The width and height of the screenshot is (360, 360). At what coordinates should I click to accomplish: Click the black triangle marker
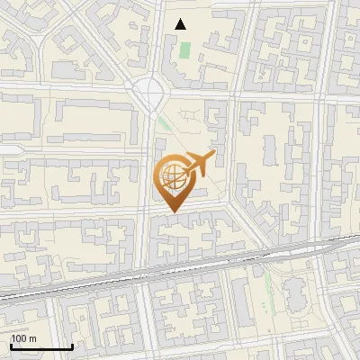[181, 24]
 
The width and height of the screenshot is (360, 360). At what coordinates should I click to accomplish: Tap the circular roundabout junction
[148, 90]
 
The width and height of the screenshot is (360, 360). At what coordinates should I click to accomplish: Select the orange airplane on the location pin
[198, 165]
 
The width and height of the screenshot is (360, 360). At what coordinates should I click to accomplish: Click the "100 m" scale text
[23, 338]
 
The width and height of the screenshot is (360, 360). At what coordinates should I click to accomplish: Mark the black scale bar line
[41, 346]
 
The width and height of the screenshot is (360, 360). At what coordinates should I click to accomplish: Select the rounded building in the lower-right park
[294, 290]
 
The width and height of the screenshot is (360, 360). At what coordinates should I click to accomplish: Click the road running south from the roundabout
[147, 180]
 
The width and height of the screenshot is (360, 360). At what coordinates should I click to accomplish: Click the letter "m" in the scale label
[31, 338]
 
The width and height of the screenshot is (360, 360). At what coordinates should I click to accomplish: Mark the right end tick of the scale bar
[72, 346]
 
